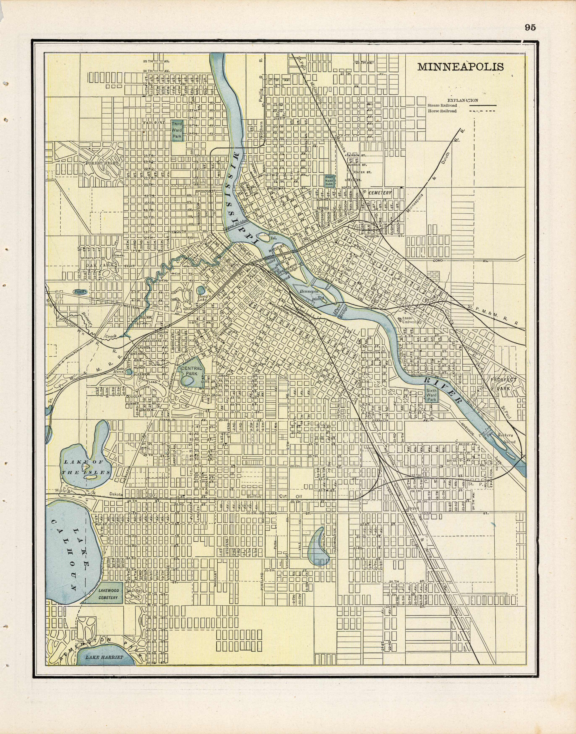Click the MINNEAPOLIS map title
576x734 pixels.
click(x=460, y=67)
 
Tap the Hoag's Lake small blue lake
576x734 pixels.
click(x=201, y=290)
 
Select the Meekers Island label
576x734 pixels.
click(x=506, y=438)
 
